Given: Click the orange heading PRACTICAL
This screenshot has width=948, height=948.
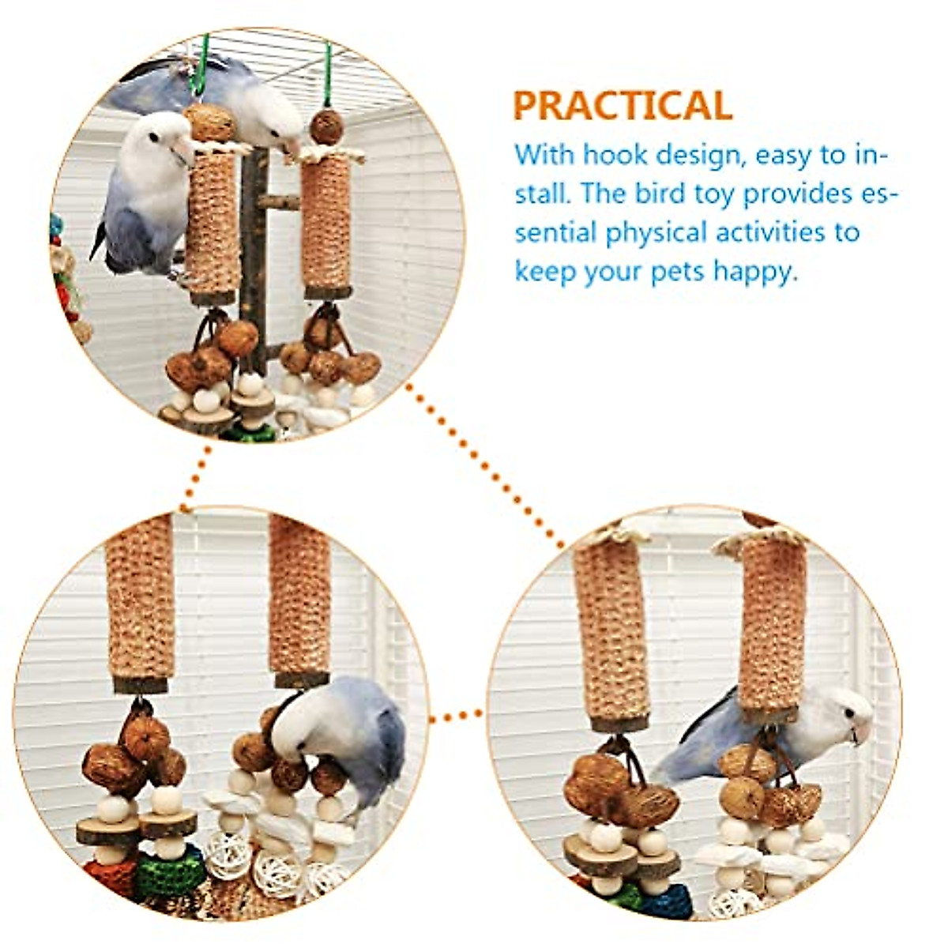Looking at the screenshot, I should point(623,106).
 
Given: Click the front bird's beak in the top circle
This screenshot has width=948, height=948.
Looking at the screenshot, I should point(185,149).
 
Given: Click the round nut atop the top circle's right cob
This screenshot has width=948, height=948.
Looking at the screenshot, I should point(326,126).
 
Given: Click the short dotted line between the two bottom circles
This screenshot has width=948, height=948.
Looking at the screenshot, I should point(457,717).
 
